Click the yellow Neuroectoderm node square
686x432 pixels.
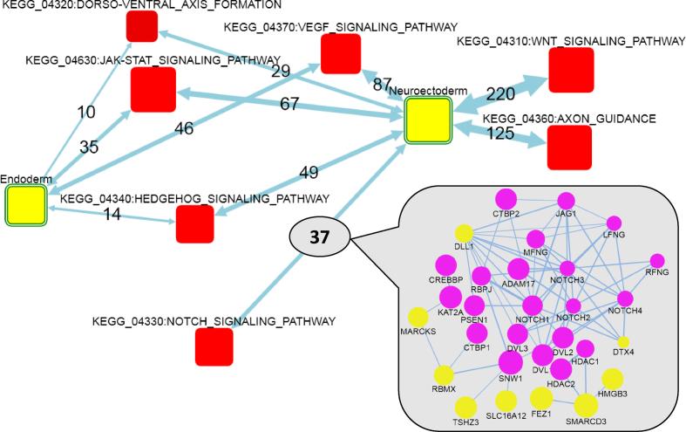pyautogui.click(x=428, y=120)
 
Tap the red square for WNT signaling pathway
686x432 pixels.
pyautogui.click(x=570, y=70)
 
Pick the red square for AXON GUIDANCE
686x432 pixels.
pyautogui.click(x=570, y=147)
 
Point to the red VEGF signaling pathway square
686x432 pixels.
pyautogui.click(x=341, y=54)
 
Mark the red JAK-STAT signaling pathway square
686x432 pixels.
pyautogui.click(x=153, y=89)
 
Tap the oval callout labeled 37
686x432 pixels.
pyautogui.click(x=319, y=236)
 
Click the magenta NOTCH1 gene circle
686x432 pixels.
pyautogui.click(x=532, y=305)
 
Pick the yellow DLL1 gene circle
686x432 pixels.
pyautogui.click(x=464, y=233)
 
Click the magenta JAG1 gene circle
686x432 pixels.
pyautogui.click(x=567, y=200)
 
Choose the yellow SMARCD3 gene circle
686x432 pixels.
pyautogui.click(x=586, y=406)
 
